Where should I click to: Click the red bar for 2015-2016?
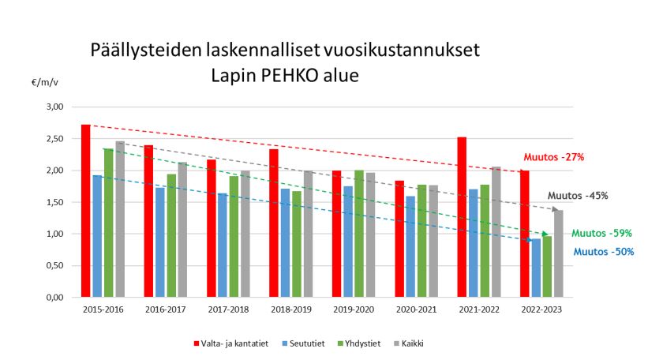click(x=85, y=211)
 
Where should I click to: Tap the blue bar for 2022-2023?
click(x=536, y=268)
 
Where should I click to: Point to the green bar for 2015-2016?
click(x=109, y=223)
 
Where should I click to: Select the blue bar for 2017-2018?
click(x=223, y=245)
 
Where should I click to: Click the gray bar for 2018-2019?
click(x=309, y=234)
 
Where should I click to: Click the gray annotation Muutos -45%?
click(x=579, y=196)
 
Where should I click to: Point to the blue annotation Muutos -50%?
click(x=604, y=252)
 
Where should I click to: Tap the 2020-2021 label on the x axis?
click(x=416, y=309)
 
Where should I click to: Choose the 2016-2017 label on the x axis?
click(x=165, y=309)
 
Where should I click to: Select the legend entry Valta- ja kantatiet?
click(x=231, y=343)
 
